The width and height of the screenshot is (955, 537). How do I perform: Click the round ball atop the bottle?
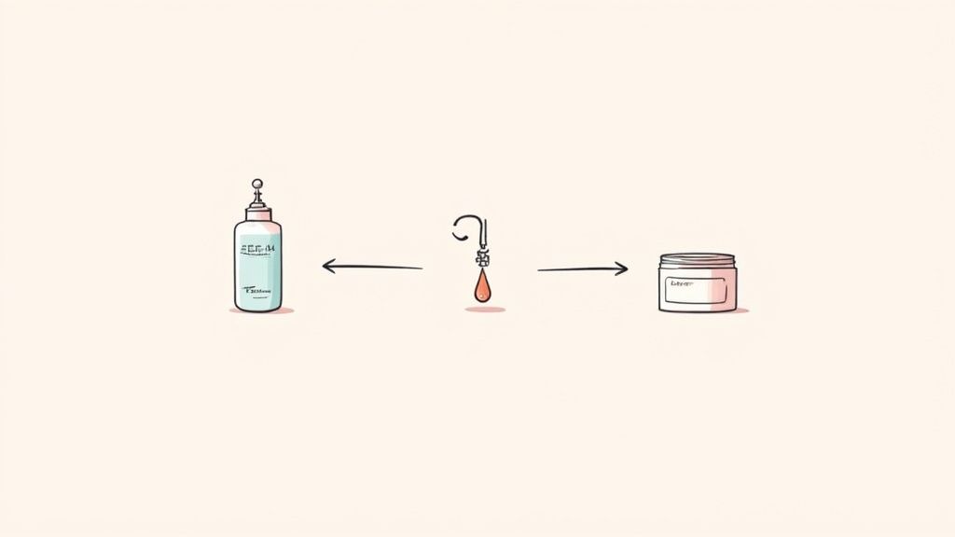tap(256, 184)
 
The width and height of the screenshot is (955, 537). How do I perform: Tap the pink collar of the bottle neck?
tap(258, 215)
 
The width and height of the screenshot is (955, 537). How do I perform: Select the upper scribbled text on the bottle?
tap(257, 249)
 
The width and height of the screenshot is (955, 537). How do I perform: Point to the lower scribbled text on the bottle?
tap(257, 290)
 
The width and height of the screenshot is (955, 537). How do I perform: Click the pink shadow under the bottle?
tap(262, 310)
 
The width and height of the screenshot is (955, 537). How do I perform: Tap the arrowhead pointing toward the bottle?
tap(327, 266)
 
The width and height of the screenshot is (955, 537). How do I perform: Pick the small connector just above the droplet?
tap(482, 258)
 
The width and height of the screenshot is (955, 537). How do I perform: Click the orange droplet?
tap(482, 288)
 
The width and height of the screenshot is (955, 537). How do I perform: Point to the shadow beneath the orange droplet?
tap(485, 309)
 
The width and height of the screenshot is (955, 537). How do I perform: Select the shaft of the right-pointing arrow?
tap(578, 270)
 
